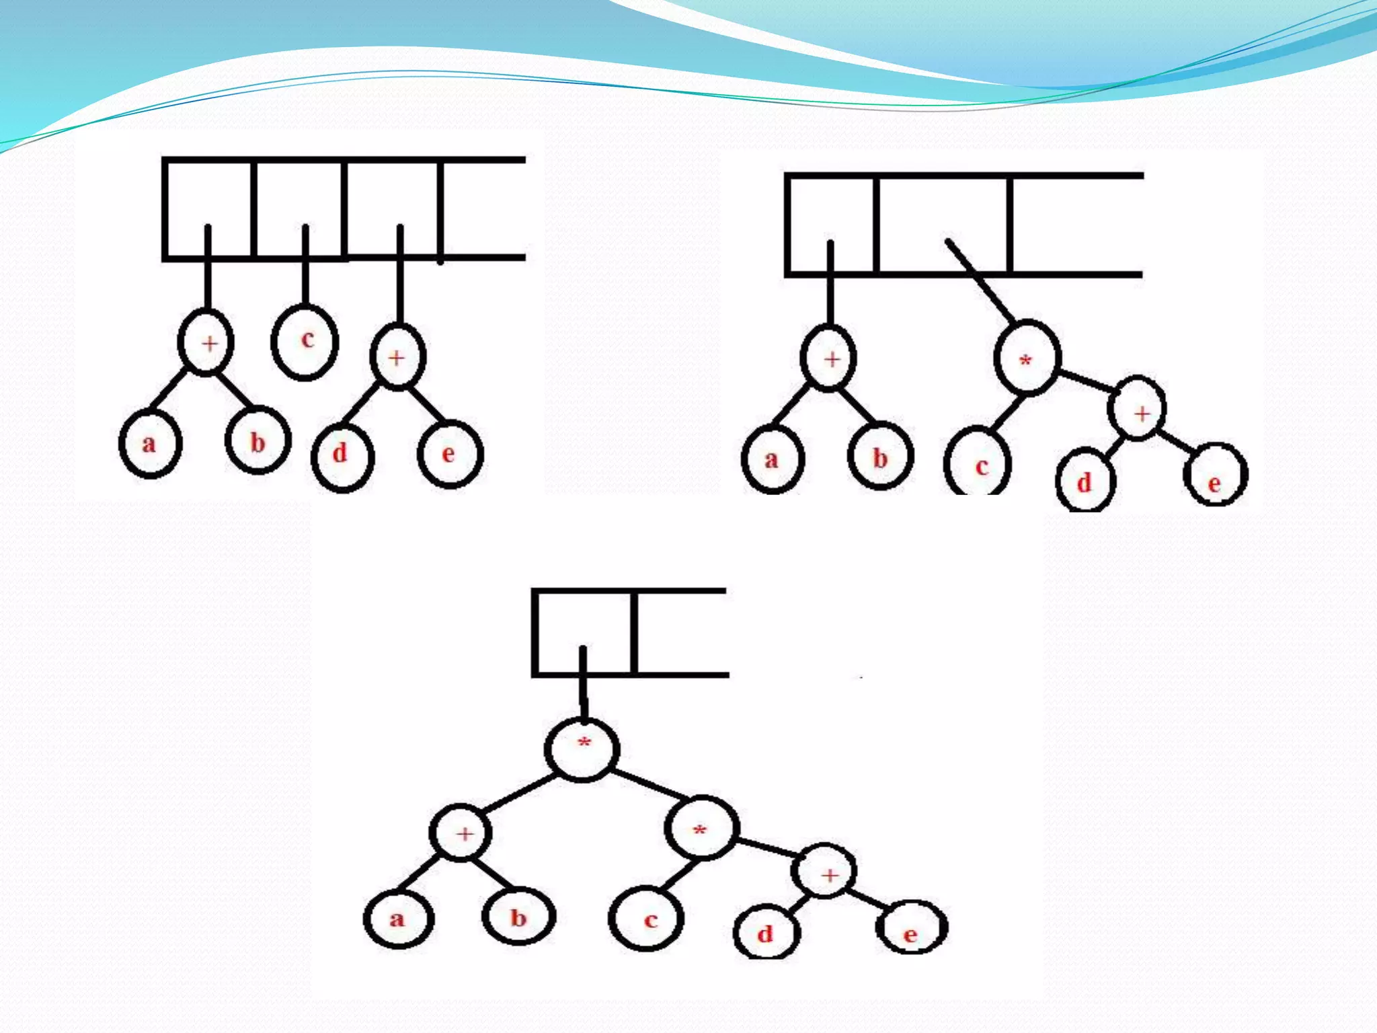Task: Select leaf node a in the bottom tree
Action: tap(398, 919)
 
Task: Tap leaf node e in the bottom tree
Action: tap(911, 929)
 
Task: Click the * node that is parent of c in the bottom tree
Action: tap(702, 828)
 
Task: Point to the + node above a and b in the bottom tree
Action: tap(461, 833)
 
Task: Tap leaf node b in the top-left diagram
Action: tap(258, 441)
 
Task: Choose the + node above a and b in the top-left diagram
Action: tap(206, 342)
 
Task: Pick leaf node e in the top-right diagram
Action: tap(1215, 475)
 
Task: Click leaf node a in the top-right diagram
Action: tap(773, 459)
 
